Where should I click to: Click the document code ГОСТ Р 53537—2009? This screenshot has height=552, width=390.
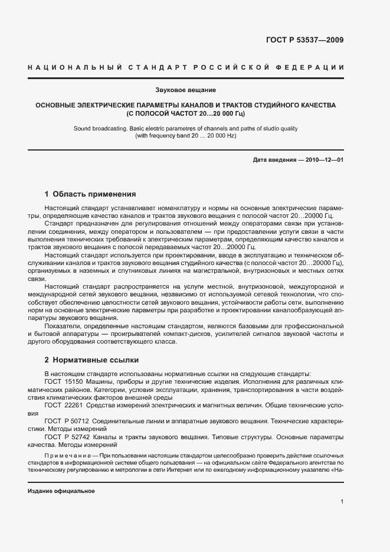(305, 41)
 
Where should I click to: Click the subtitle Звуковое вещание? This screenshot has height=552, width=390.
(186, 90)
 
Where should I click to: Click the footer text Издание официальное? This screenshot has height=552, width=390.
(61, 491)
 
